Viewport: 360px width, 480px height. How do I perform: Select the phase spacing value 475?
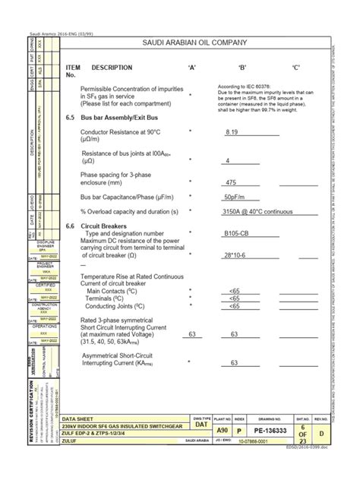pos(232,182)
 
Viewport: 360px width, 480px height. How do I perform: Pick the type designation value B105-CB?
pos(238,233)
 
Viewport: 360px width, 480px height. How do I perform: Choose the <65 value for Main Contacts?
pos(234,290)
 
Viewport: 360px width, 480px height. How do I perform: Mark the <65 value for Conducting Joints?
pos(234,306)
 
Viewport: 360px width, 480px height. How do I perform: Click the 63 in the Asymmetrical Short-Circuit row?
pos(235,363)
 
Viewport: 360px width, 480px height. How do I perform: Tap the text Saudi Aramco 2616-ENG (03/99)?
pos(58,35)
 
